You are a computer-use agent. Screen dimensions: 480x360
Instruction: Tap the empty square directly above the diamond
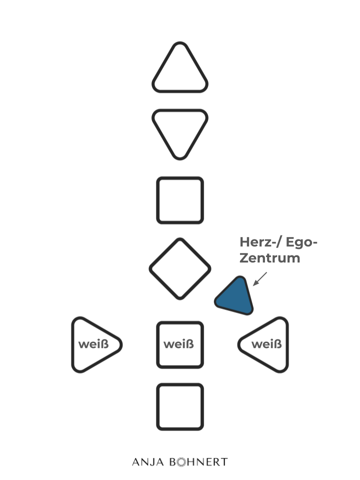click(180, 200)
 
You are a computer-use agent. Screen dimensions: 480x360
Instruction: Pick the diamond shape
click(180, 268)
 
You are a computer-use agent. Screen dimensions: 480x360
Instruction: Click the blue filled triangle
click(235, 298)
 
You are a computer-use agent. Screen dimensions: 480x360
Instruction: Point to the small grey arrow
click(260, 279)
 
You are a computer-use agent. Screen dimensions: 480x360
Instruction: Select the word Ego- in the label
click(302, 243)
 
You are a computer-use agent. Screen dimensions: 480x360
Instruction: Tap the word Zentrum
click(270, 258)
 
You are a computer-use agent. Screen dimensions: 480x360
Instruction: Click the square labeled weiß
click(180, 344)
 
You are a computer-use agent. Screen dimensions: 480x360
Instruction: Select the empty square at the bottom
click(180, 406)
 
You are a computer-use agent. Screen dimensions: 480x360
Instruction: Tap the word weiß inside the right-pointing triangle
click(93, 344)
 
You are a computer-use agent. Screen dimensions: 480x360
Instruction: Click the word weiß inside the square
click(178, 344)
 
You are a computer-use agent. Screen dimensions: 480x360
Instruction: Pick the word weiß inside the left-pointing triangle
click(266, 344)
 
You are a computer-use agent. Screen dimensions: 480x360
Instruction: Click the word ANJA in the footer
click(147, 462)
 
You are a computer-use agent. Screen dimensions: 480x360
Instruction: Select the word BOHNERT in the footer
click(198, 462)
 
